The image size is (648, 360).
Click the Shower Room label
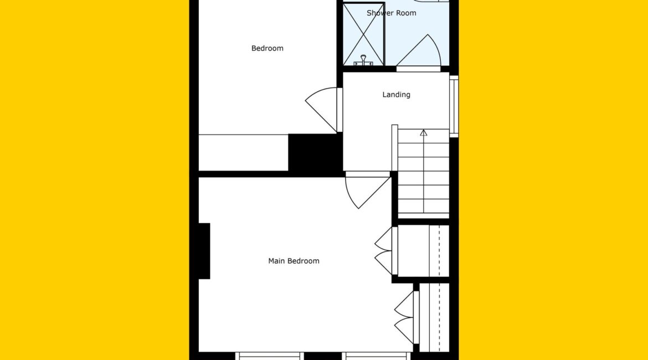tap(391, 13)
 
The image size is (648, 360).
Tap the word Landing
tap(396, 95)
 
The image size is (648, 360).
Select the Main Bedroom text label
tap(294, 261)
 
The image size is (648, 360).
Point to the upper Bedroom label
tap(267, 48)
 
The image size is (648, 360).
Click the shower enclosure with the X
tap(364, 34)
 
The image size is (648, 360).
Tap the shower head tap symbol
tap(363, 61)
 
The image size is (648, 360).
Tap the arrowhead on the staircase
tap(423, 133)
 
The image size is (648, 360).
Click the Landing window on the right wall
tap(454, 106)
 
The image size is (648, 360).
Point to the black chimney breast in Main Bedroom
tap(204, 251)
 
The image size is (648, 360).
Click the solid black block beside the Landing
tap(315, 152)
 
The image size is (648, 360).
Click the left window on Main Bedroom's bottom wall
tap(270, 356)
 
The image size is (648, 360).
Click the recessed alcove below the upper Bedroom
tap(243, 152)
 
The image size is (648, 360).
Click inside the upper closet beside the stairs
tap(423, 251)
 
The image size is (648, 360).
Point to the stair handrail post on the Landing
tap(395, 148)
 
